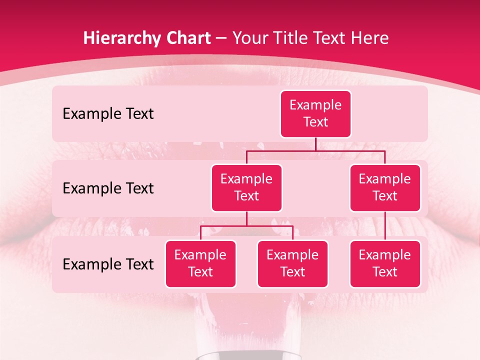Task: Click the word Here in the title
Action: pos(369,38)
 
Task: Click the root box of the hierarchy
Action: pos(315,114)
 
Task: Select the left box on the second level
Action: pos(246,187)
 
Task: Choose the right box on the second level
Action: pos(385,187)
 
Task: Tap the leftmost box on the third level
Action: pos(200,263)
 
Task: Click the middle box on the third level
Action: pos(292,263)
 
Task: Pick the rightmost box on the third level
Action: pos(385,263)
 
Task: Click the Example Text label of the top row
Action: pos(108,114)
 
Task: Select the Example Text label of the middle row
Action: pos(108,188)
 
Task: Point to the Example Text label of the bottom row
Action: pos(108,264)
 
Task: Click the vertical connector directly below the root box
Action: pos(315,144)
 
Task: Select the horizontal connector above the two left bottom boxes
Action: pos(246,226)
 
